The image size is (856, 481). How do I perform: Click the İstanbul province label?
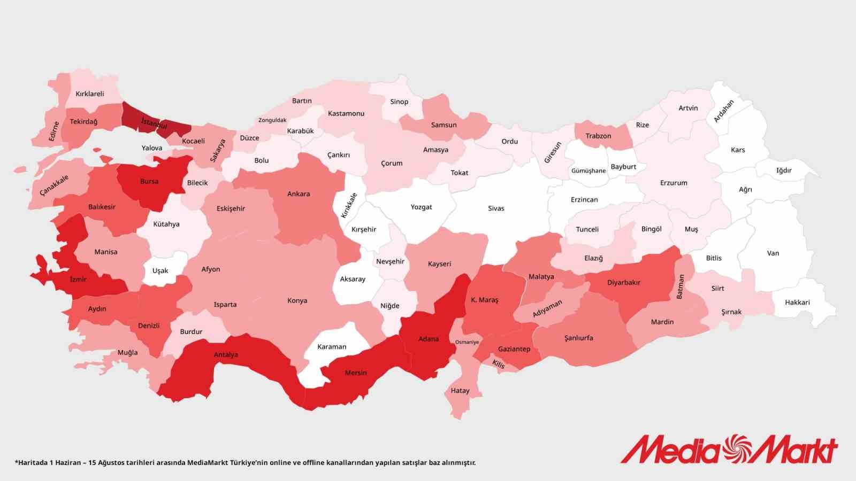point(154,123)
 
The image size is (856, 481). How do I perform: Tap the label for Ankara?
point(299,194)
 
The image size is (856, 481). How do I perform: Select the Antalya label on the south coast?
point(226,355)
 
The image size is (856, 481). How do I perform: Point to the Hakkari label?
point(797,302)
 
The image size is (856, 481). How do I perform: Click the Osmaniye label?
point(467,342)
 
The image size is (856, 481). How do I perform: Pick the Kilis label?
point(499,364)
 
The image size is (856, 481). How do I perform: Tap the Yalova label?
point(152,148)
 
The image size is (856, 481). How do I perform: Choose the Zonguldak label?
point(272,120)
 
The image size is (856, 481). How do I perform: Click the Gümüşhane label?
point(588,171)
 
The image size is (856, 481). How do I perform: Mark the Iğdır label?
point(784,170)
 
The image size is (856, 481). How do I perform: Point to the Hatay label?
point(460,391)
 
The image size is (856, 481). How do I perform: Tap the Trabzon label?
point(598,136)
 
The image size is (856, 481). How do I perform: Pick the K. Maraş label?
point(485,300)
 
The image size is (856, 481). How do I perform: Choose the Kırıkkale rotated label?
point(349,206)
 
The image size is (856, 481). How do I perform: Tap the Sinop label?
point(399,102)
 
